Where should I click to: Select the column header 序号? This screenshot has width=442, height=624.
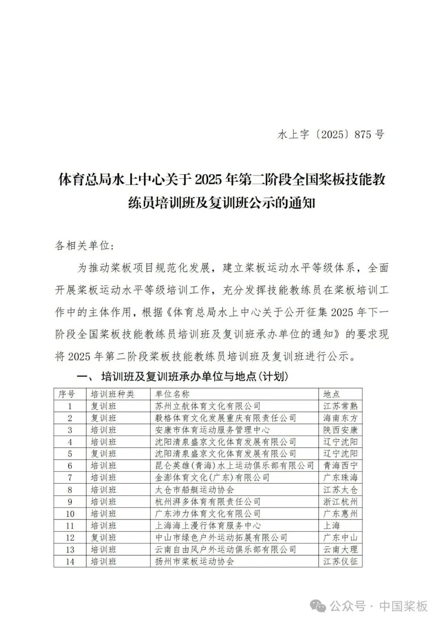tap(67, 394)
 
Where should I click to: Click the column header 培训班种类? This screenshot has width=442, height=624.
tap(112, 394)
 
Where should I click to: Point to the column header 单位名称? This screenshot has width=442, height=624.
tap(172, 394)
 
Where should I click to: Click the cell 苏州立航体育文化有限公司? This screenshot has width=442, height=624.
tap(208, 406)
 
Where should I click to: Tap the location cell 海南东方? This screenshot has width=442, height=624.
tap(340, 418)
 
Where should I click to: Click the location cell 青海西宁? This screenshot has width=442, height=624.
tap(340, 465)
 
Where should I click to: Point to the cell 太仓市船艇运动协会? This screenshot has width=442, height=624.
tap(194, 489)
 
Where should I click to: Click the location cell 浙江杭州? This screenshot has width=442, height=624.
tap(340, 501)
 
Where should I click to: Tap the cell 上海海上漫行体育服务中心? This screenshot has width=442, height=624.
tap(208, 525)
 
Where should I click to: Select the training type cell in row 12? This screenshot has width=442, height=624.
tap(104, 537)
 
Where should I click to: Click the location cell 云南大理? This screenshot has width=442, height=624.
tap(340, 549)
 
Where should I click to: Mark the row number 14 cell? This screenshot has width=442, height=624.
tap(70, 561)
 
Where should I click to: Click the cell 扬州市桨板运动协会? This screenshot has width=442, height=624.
tap(194, 561)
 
